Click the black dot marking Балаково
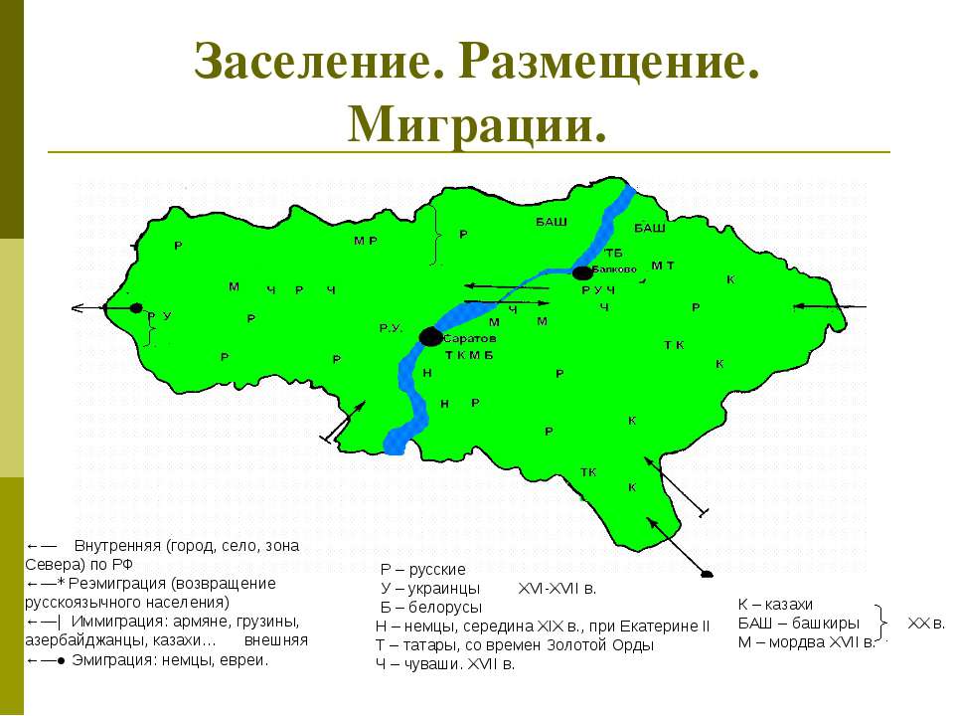[x=582, y=272]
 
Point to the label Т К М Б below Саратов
[x=469, y=355]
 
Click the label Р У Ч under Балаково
[x=598, y=289]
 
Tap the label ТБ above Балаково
[x=612, y=252]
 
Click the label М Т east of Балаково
[x=663, y=266]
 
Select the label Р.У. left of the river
[x=390, y=327]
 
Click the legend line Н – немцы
[x=543, y=626]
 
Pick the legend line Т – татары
[x=515, y=645]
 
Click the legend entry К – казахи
[x=775, y=605]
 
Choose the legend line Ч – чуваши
[x=445, y=664]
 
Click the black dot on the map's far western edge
[x=136, y=308]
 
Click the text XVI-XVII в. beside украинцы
[x=556, y=589]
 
